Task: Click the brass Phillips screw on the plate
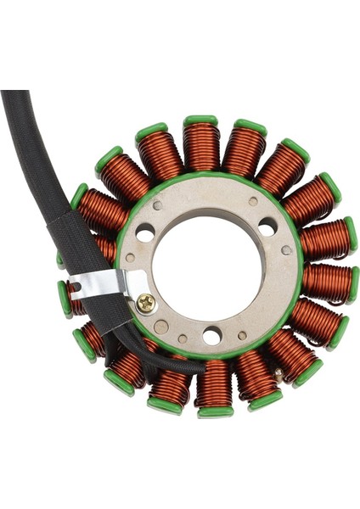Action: pos(146,300)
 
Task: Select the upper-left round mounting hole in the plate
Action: pos(145,232)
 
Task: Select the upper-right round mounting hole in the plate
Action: pos(267,227)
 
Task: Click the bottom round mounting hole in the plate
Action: pos(211,336)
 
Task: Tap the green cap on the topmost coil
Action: pos(200,120)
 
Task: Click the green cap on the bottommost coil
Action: pos(216,412)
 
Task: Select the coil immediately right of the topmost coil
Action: pos(244,151)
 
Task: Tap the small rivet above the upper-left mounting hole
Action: pos(157,206)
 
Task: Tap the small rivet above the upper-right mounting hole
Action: pos(253,202)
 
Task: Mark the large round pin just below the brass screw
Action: pos(160,327)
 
